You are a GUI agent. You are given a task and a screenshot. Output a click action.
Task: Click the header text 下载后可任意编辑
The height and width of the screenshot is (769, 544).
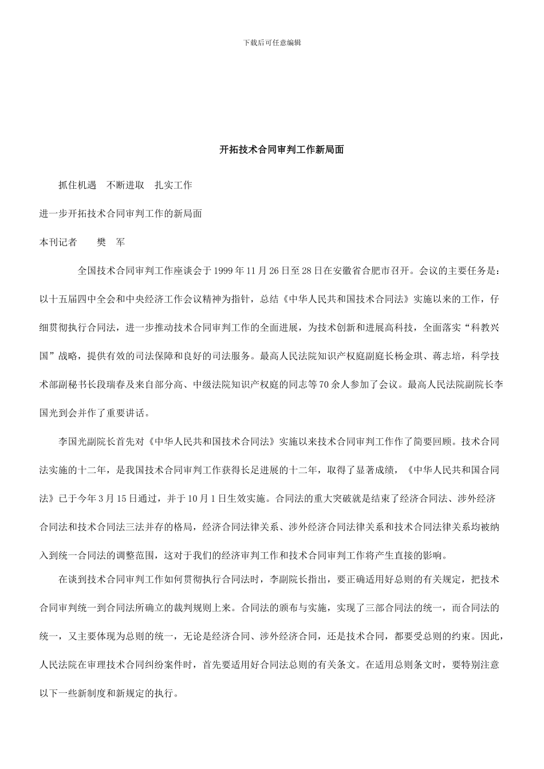(x=272, y=42)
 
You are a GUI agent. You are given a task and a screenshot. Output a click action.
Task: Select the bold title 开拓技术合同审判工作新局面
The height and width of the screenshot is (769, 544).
(x=282, y=150)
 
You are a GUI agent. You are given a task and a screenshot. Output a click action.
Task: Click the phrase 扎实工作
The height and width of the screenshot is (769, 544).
(x=174, y=185)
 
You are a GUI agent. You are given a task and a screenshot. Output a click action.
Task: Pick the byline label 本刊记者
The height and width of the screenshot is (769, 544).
(x=58, y=242)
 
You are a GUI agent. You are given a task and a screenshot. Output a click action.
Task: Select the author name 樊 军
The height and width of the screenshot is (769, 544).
(x=111, y=242)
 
